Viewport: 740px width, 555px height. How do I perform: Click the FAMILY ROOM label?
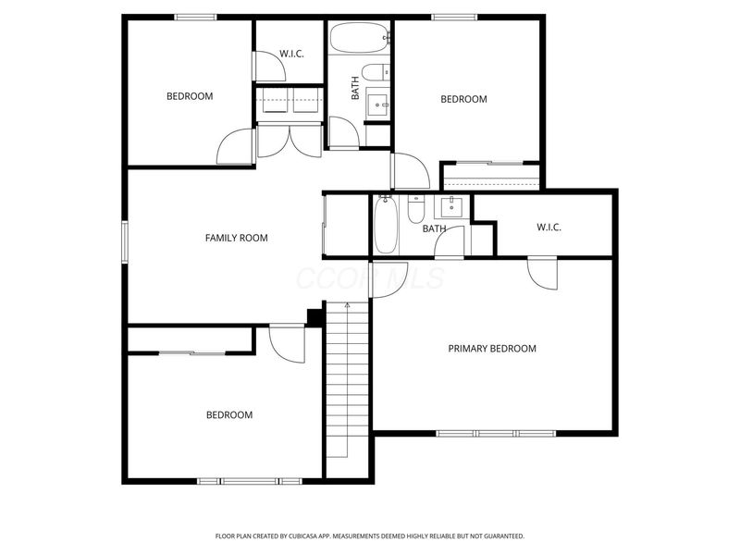pyautogui.click(x=236, y=238)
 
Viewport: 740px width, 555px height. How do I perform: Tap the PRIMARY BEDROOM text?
pyautogui.click(x=492, y=349)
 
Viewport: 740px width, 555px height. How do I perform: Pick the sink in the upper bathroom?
pyautogui.click(x=378, y=104)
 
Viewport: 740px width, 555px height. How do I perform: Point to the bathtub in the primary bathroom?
pyautogui.click(x=387, y=225)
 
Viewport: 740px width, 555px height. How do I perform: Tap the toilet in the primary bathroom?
pyautogui.click(x=415, y=208)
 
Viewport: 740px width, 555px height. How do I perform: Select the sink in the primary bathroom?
pyautogui.click(x=453, y=204)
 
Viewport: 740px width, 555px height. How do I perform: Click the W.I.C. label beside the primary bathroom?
pyautogui.click(x=549, y=228)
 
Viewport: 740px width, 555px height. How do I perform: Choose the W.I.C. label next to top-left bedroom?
pyautogui.click(x=291, y=53)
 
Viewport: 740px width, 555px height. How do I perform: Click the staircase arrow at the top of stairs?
pyautogui.click(x=347, y=304)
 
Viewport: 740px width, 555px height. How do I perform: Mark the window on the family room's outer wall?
pyautogui.click(x=125, y=240)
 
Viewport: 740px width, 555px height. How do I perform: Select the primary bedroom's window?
pyautogui.click(x=496, y=433)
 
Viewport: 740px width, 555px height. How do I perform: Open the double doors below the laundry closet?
pyautogui.click(x=290, y=140)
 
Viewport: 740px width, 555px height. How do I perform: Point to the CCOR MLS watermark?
pyautogui.click(x=369, y=278)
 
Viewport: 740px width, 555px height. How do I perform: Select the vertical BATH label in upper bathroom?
pyautogui.click(x=354, y=89)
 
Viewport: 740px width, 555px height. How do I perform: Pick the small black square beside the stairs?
pyautogui.click(x=314, y=317)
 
